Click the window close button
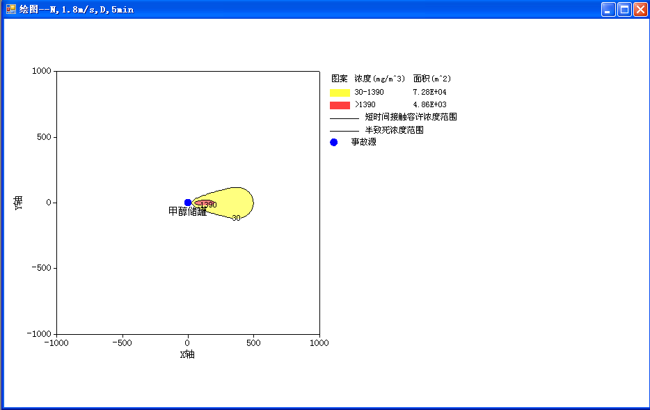640,9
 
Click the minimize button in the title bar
608,9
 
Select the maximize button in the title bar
624,9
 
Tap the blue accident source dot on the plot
188,203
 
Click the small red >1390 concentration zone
203,203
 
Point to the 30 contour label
236,218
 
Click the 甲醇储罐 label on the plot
187,212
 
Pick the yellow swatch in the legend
340,93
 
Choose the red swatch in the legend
340,105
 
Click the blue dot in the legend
334,142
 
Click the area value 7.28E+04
429,92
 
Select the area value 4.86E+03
429,104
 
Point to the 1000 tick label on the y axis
42,71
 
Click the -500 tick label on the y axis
42,268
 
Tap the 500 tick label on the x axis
253,343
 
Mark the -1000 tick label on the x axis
56,343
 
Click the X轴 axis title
187,354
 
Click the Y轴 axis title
18,203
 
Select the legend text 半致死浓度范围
394,130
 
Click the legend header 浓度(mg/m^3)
379,79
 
